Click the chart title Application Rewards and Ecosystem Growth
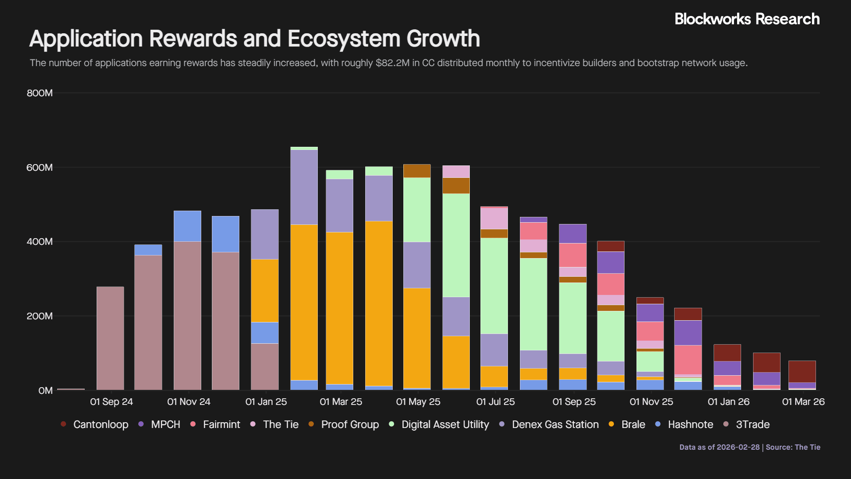(x=254, y=39)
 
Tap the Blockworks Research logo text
(x=747, y=19)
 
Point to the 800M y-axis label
(x=39, y=93)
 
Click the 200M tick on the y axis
(x=39, y=316)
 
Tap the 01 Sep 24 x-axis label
(x=111, y=402)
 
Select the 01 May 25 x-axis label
(x=418, y=402)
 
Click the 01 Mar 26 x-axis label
(x=803, y=402)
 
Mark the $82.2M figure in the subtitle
(x=393, y=63)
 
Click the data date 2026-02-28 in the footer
(x=738, y=447)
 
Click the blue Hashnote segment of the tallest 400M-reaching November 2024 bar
(x=187, y=226)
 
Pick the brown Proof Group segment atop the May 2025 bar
(x=417, y=171)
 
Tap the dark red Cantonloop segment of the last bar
(x=802, y=372)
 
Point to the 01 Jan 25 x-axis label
(x=266, y=402)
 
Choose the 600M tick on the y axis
(x=39, y=168)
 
